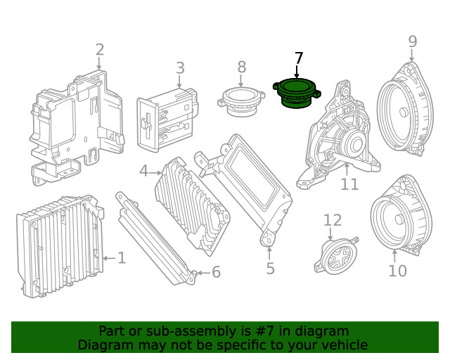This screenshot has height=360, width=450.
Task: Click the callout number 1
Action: click(122, 258)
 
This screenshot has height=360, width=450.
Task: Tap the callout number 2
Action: click(99, 49)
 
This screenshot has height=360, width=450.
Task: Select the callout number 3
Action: click(180, 68)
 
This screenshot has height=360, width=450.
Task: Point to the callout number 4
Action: click(143, 171)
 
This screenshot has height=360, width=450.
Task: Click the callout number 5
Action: click(270, 268)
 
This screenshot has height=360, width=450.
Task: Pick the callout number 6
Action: click(216, 272)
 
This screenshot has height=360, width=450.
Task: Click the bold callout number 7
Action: click(298, 58)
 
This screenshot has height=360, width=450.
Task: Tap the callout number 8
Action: click(241, 67)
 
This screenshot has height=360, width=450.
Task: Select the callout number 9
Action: click(413, 42)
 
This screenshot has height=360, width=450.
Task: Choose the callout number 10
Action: click(397, 270)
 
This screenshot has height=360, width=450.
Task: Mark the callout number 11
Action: click(349, 184)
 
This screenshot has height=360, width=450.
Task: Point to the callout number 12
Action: click(333, 221)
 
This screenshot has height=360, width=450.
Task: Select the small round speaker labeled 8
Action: click(240, 98)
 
